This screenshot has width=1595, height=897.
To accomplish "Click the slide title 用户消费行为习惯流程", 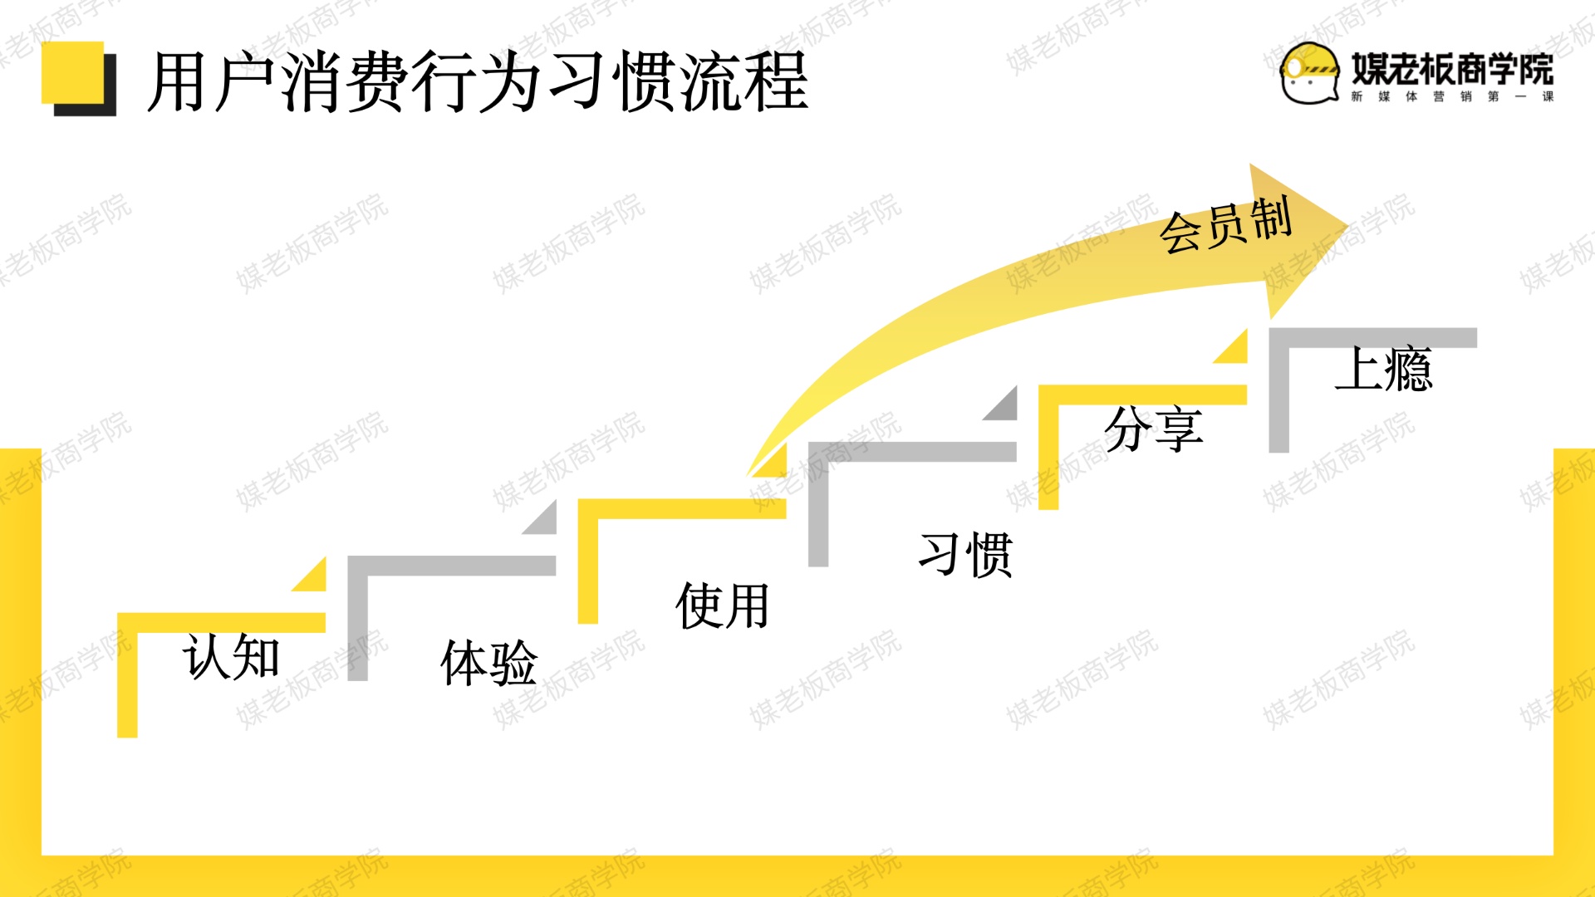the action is (x=478, y=81).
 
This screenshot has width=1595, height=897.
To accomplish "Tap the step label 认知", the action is (x=231, y=657).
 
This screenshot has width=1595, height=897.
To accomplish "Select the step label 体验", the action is (x=488, y=662).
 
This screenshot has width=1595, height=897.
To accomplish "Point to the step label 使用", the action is (x=722, y=605).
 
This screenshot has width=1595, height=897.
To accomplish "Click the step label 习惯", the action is (x=965, y=554).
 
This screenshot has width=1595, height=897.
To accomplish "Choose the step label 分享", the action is (x=1154, y=429).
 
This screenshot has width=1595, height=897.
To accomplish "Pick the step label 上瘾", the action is (x=1383, y=369).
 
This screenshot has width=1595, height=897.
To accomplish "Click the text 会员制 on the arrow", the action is (x=1225, y=224).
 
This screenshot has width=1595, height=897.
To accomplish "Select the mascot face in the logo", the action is (x=1309, y=74).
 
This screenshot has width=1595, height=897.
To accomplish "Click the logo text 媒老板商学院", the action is (x=1452, y=68).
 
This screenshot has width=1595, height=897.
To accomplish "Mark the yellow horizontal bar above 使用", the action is (x=682, y=508).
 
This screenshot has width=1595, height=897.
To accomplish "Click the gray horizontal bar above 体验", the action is (x=452, y=566).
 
